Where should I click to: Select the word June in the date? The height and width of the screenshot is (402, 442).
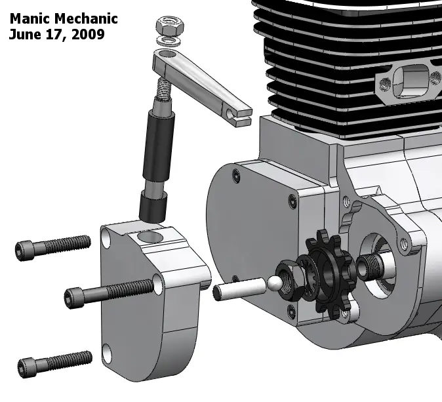tap(24, 35)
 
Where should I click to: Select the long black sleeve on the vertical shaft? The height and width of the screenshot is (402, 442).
tap(159, 148)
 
